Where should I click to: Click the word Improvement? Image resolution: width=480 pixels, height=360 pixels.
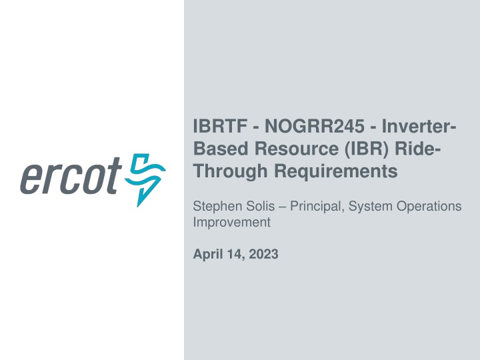point(231,223)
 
